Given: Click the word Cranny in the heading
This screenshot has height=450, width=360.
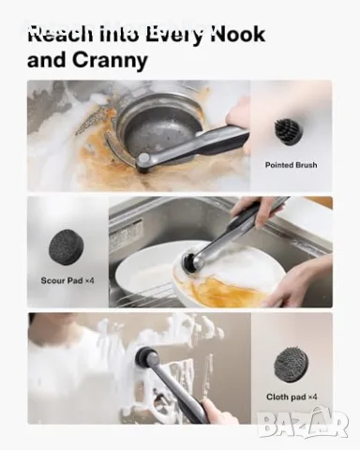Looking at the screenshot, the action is tap(110, 60).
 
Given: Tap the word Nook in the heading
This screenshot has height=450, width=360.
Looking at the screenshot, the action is tap(238, 34).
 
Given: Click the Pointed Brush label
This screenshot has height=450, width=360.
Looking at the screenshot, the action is tap(291, 165).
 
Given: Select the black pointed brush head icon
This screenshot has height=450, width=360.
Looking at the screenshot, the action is tap(287, 131).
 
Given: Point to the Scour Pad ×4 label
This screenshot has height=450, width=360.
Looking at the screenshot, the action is tap(67, 280).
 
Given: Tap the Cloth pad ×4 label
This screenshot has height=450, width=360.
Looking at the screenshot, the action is tap(292, 397).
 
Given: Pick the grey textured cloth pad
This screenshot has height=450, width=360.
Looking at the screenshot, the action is tap(291, 364).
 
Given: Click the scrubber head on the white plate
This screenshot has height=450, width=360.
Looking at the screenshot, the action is tap(189, 262).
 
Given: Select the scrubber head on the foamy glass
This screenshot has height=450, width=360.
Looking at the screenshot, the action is tap(146, 355).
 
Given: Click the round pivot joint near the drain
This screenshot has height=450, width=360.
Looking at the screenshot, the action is tap(144, 157).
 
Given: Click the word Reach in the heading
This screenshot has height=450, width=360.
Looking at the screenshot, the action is tap(60, 34).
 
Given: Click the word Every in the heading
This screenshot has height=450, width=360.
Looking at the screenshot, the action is tap(176, 36).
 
